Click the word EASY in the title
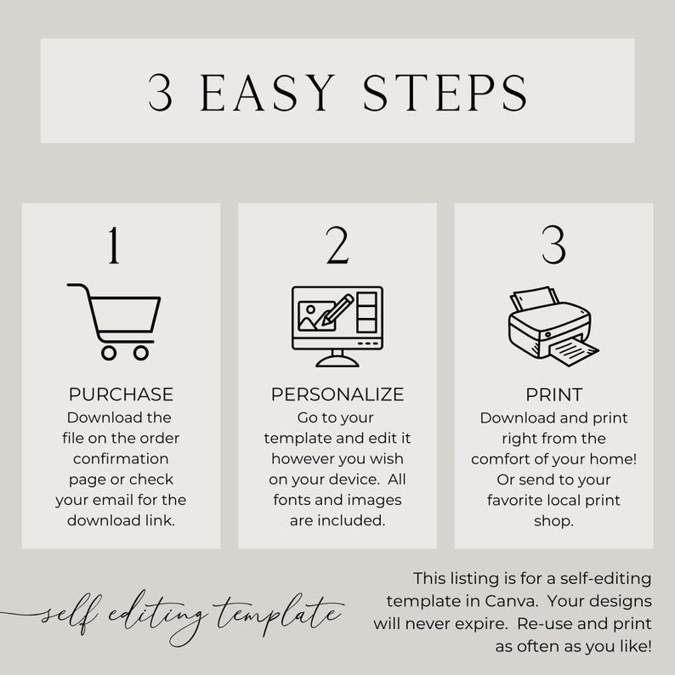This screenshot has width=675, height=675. (x=268, y=92)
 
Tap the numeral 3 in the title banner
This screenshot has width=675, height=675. (x=160, y=93)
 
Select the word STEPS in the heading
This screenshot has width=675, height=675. (x=445, y=92)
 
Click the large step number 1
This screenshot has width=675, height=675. (x=114, y=245)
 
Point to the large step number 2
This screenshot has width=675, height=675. (x=337, y=245)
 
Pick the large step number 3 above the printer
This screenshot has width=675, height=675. (x=553, y=245)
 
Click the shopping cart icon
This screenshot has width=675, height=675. (x=114, y=321)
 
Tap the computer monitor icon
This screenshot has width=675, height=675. (x=337, y=326)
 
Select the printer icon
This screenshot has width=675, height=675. (x=553, y=326)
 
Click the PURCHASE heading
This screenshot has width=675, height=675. (x=121, y=394)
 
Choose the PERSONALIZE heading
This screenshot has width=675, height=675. (x=337, y=394)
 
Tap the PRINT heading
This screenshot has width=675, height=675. (x=554, y=394)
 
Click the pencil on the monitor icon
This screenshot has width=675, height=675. (x=338, y=310)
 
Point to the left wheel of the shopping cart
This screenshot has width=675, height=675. (x=109, y=353)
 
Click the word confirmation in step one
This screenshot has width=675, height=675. (x=121, y=459)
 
